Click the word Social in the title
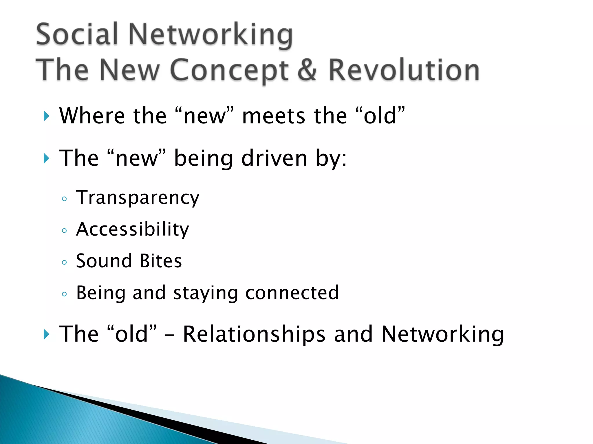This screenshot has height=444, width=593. pos(77,34)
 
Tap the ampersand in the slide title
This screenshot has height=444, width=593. pos(307,70)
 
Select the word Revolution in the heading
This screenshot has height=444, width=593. pos(404,70)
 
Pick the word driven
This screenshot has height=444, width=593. pos(274,158)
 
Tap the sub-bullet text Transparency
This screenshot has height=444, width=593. pos(138,198)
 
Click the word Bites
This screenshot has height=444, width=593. pos(161,261)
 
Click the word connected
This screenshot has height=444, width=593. pos(292,293)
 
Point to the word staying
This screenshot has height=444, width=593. pos(206,293)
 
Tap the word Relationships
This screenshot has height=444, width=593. pos(254,334)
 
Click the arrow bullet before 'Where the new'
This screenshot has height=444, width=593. pos(46,116)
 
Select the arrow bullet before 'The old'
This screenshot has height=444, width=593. pos(46,334)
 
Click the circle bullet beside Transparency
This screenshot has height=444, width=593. pos(64,199)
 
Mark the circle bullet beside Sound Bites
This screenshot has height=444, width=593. pos(64,262)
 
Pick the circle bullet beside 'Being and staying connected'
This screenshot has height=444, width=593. pos(64,294)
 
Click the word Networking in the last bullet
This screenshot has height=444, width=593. pos(442,334)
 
